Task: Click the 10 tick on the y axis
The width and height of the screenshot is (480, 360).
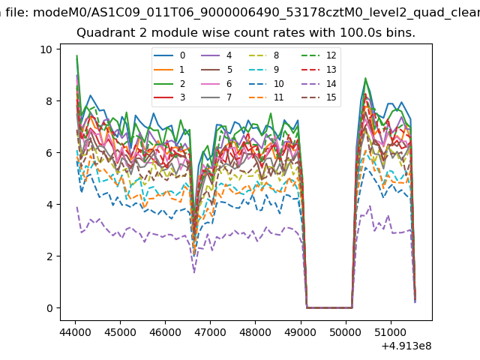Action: tap(46, 49)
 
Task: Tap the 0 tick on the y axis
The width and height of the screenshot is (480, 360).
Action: tap(49, 308)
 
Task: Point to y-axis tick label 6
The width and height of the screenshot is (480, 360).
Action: tap(49, 153)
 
